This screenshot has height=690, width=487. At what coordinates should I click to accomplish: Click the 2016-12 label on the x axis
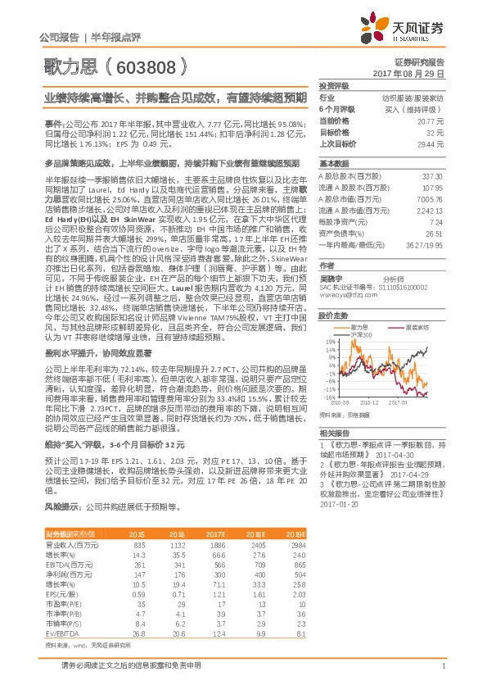[x=370, y=403]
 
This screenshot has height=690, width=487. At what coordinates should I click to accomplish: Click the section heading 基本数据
[x=334, y=162]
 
